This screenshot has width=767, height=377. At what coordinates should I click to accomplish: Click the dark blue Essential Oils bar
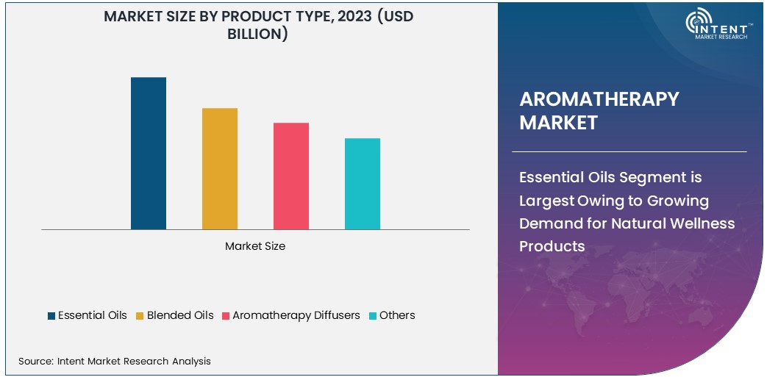click(149, 154)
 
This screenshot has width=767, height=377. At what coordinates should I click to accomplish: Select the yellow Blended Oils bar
click(220, 169)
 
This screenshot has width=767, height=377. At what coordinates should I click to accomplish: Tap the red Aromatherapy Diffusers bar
click(291, 176)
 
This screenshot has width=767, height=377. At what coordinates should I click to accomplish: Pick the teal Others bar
click(363, 184)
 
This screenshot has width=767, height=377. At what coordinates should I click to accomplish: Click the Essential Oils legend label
click(92, 315)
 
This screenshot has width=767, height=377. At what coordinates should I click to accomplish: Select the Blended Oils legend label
click(180, 315)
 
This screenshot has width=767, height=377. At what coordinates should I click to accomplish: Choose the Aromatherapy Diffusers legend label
click(296, 315)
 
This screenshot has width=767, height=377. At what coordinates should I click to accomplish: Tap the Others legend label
click(397, 315)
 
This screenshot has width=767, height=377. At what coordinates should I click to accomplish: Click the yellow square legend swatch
click(140, 316)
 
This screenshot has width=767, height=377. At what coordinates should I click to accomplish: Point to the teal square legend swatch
click(373, 316)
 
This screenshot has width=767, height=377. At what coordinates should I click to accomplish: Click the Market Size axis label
click(255, 246)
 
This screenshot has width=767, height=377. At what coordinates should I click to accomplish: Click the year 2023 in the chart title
click(355, 16)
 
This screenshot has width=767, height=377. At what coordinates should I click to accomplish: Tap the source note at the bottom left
click(115, 361)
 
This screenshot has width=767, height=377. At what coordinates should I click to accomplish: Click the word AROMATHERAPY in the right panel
click(599, 99)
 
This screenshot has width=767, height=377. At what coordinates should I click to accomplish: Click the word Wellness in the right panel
click(699, 223)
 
